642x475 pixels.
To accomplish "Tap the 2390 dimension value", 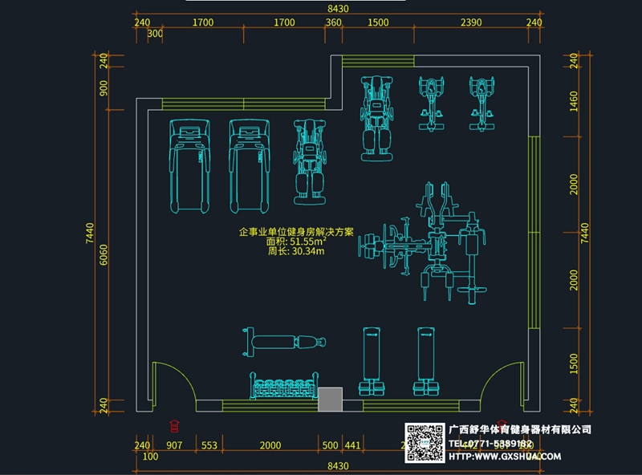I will (471, 23).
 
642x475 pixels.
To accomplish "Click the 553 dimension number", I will (209, 445).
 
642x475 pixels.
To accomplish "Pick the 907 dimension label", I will (174, 445).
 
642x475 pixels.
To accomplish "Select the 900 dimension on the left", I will (104, 87).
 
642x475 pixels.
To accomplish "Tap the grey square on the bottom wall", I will (330, 400).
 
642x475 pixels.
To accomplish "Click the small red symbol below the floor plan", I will (174, 425).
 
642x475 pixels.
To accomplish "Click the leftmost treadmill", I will (190, 165).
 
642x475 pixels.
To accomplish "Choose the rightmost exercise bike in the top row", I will (481, 104).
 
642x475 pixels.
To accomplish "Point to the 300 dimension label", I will (156, 35).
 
